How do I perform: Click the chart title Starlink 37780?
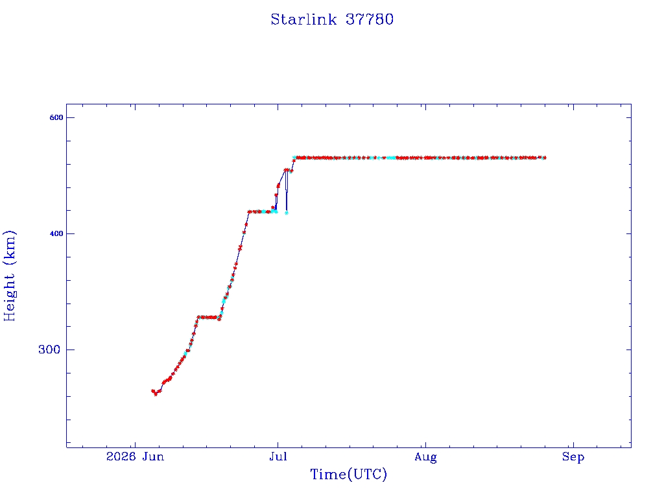pos(332,19)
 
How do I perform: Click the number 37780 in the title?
pos(370,19)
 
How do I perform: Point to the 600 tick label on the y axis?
pos(56,118)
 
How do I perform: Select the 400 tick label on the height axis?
pos(56,233)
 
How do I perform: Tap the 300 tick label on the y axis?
pos(49,350)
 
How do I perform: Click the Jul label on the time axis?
pos(278,456)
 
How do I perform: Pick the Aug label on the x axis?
pos(425,457)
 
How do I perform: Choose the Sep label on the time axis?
pos(573,457)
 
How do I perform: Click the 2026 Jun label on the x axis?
pos(135,456)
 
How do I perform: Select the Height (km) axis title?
pos(9,276)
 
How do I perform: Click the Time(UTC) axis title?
pos(348,474)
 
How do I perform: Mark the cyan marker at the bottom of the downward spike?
pos(287,213)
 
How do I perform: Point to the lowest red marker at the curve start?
pos(156,394)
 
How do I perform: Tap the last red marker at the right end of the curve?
pos(545,158)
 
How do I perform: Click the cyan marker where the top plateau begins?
pos(294,158)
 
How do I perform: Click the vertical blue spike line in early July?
pos(286,191)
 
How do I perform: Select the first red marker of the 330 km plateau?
pos(198,316)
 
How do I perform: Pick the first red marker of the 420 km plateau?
pos(250,212)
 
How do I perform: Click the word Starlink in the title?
pos(303,19)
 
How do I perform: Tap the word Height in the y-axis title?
pos(9,297)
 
